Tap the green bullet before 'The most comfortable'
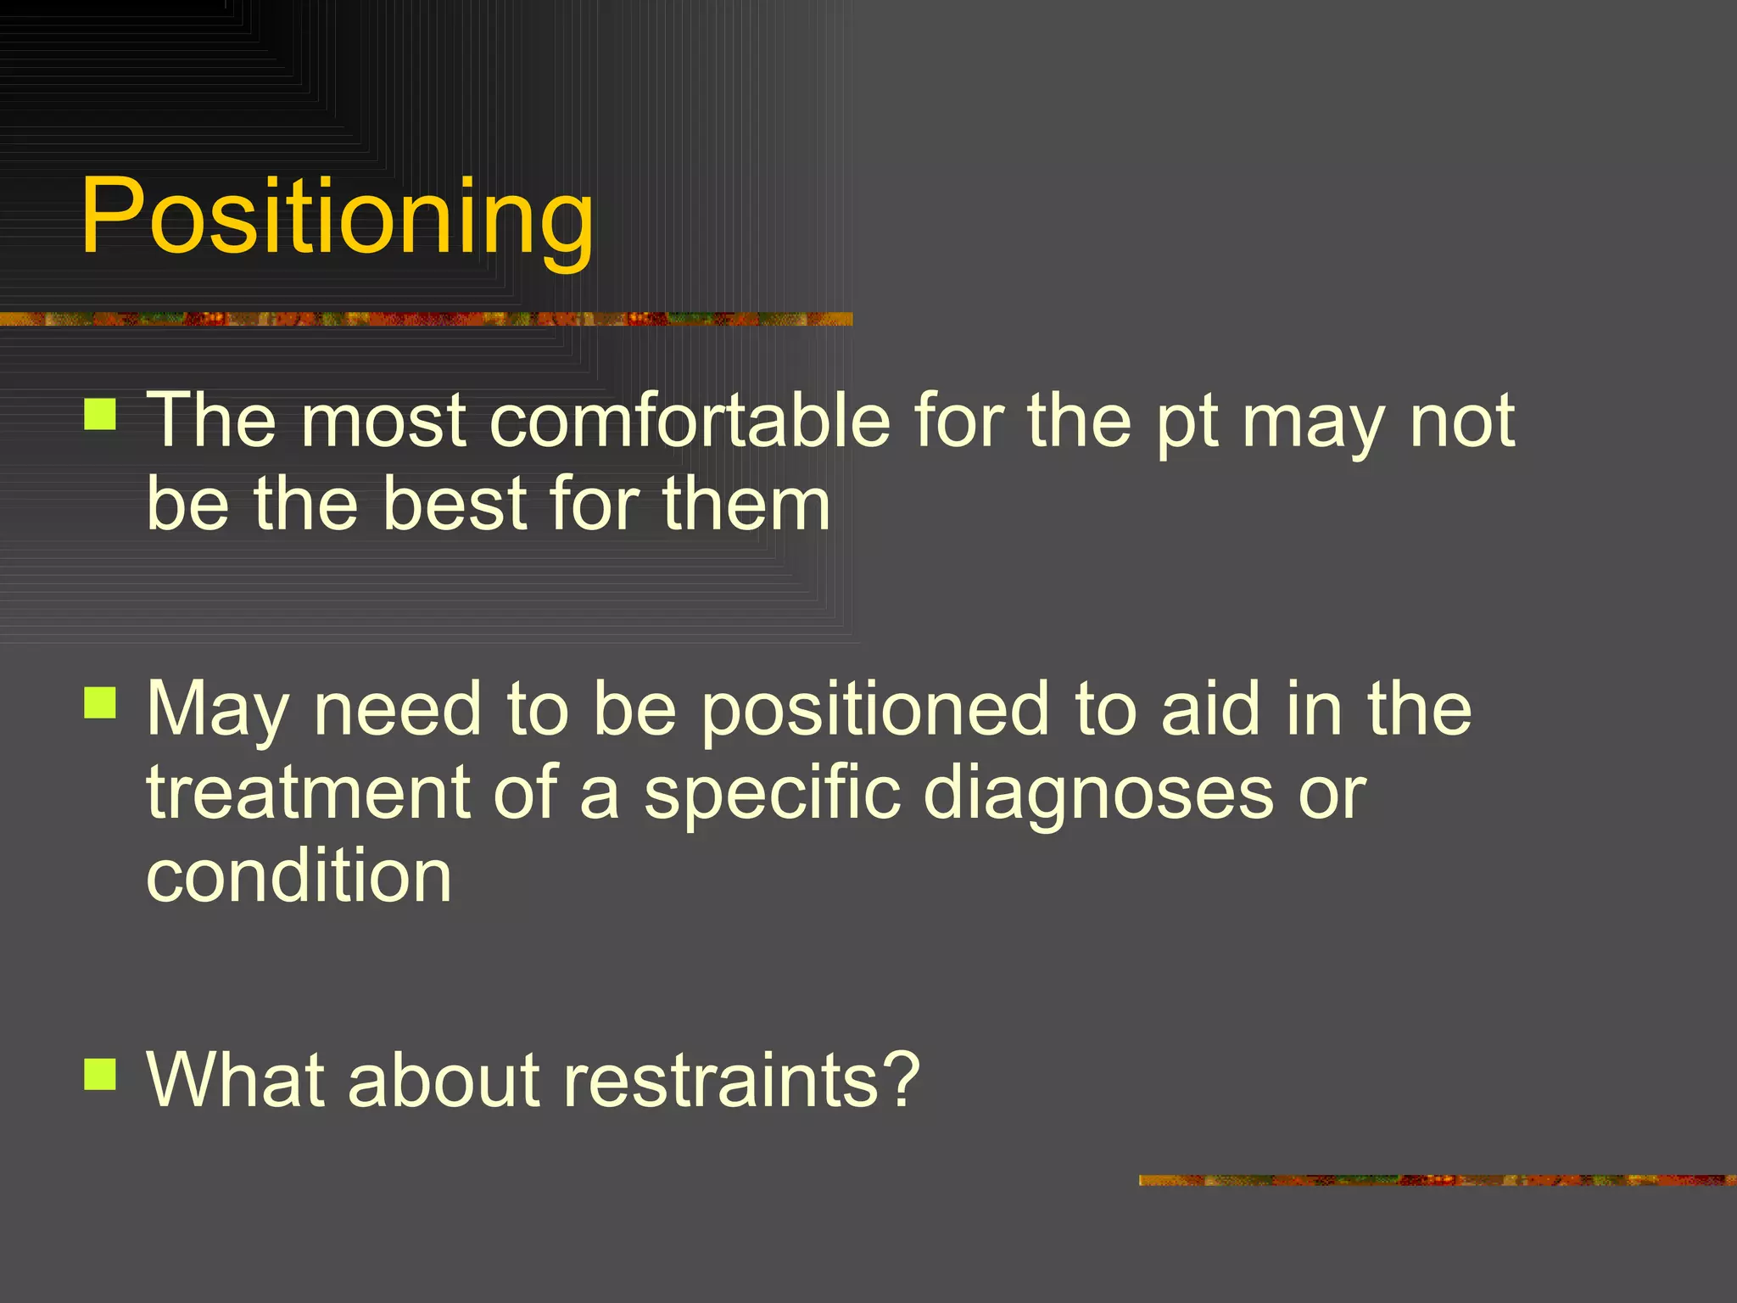(100, 415)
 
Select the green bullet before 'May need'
(100, 702)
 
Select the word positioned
(875, 711)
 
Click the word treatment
(308, 792)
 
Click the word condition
(299, 875)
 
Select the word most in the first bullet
(383, 421)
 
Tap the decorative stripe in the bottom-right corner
(1437, 1180)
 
